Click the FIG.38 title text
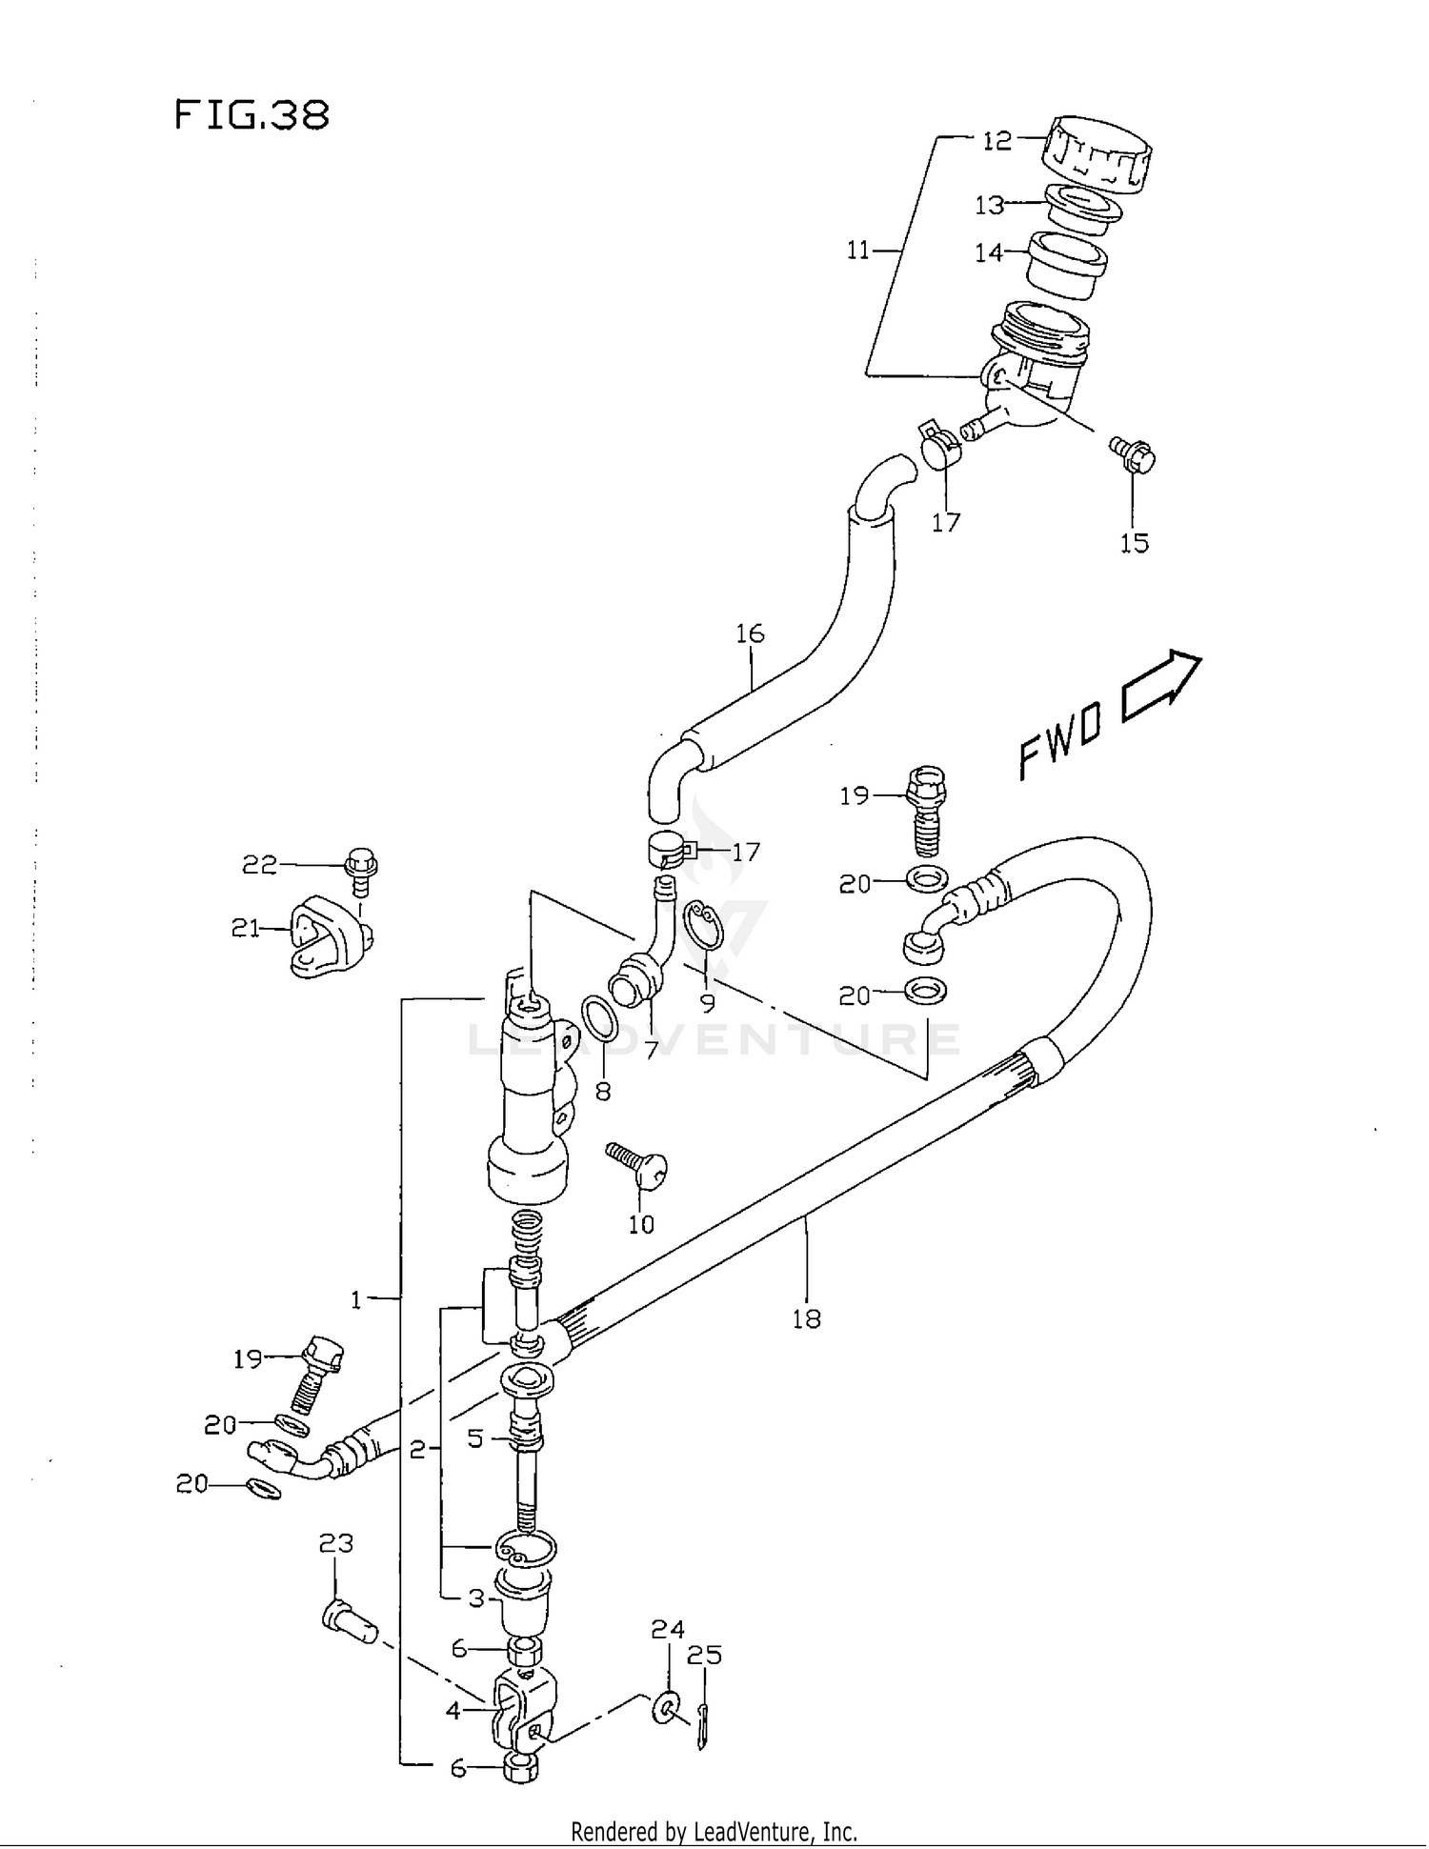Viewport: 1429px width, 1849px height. (x=252, y=115)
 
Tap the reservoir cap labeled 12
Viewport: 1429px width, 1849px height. (x=1097, y=151)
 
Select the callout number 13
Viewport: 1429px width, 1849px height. (x=989, y=205)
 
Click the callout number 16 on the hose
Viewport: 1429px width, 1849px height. (x=750, y=633)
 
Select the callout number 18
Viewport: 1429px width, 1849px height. (x=806, y=1318)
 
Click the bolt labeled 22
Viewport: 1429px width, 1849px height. (x=361, y=868)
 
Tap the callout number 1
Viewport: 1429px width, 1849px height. (x=356, y=1299)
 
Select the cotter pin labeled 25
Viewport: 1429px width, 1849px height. (x=703, y=1726)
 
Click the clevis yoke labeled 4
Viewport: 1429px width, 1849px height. (x=522, y=1716)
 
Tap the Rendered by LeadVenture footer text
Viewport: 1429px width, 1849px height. (x=714, y=1831)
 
